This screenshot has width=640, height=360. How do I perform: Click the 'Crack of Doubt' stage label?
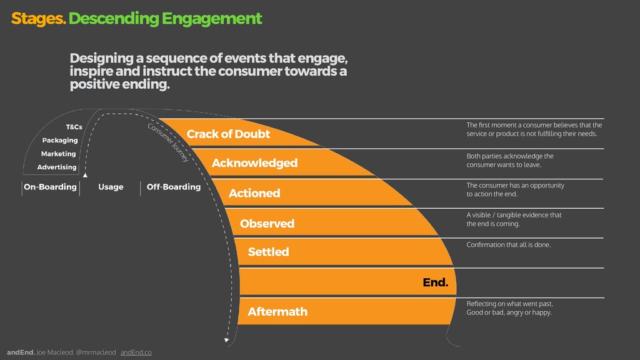coord(228,134)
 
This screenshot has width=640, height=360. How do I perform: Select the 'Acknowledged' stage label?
coord(254,163)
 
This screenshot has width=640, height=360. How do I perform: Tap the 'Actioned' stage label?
coord(254,194)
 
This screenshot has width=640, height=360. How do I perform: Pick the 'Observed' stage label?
coord(267,224)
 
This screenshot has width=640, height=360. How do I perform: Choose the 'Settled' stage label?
coord(268,252)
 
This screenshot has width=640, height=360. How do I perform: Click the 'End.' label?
coord(436,282)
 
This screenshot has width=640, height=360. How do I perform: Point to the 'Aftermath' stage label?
coord(277,311)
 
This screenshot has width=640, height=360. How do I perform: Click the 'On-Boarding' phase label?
coord(50,187)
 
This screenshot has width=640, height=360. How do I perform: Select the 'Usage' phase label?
coord(111,187)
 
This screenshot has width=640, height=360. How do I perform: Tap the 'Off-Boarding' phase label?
coord(173,187)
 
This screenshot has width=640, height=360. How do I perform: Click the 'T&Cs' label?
coord(74,127)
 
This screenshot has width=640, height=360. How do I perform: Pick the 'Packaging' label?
coord(60,141)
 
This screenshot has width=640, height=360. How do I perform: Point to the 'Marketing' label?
coord(59,154)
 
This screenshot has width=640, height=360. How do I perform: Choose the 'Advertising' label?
coord(57,167)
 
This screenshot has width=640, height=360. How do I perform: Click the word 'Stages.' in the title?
coord(38,19)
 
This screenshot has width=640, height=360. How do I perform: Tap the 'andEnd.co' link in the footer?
coord(136,352)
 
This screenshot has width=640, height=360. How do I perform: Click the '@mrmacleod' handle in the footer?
coord(96,352)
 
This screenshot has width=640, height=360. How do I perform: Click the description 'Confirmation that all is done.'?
coord(509,245)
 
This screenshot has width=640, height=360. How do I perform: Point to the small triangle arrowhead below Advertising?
coord(86,176)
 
